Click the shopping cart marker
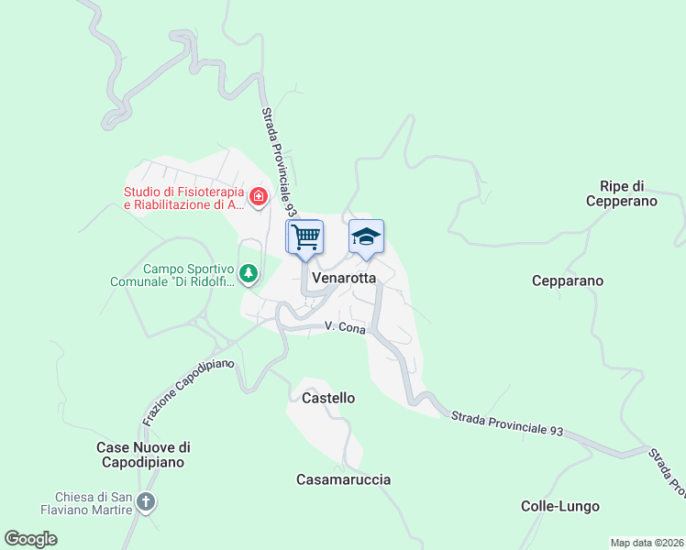[305, 236]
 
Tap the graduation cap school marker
[366, 236]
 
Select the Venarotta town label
[345, 277]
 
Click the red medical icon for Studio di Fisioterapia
[259, 196]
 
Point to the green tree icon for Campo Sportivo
[248, 273]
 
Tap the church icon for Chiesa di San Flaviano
[146, 501]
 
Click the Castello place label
[328, 398]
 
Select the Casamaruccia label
[344, 479]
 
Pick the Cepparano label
[568, 280]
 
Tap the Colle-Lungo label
[560, 506]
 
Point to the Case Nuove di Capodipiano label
[143, 455]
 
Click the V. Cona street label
[345, 327]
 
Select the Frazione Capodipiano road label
[188, 391]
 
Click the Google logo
[30, 539]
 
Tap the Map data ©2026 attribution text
[647, 543]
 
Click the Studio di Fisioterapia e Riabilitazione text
[184, 198]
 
